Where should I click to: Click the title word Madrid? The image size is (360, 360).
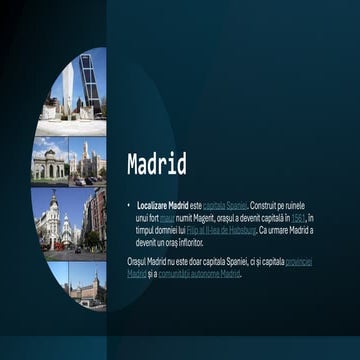(x=156, y=165)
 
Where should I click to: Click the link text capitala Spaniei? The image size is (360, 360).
(x=224, y=204)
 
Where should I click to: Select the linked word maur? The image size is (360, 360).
(x=167, y=216)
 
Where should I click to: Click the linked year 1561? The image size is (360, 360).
(x=298, y=216)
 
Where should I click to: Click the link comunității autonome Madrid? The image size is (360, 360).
(x=199, y=273)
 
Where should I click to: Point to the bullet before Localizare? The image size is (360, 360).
(x=129, y=204)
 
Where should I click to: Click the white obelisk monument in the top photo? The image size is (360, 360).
(x=67, y=90)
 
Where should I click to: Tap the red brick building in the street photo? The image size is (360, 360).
(x=96, y=215)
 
